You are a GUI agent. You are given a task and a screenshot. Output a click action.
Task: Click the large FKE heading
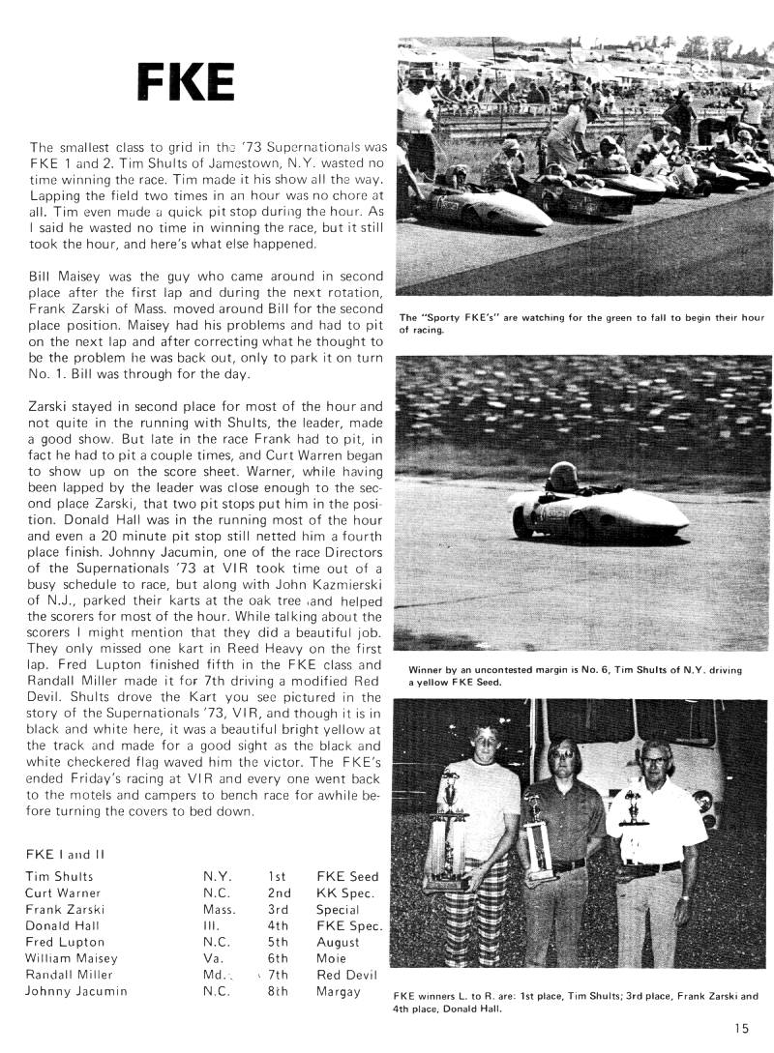(x=185, y=85)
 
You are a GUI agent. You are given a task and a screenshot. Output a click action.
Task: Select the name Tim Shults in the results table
(x=59, y=876)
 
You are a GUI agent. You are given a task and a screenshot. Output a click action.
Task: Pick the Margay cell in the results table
(x=338, y=991)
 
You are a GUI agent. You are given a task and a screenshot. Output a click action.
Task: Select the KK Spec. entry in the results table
(x=345, y=892)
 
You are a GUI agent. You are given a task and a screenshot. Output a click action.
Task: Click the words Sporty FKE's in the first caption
(x=460, y=317)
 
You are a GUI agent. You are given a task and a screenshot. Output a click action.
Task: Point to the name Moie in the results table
(x=332, y=958)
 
